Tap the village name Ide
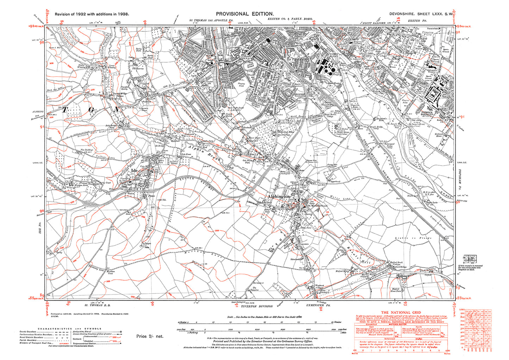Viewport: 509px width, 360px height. click(x=134, y=170)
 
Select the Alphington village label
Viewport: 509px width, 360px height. click(x=279, y=196)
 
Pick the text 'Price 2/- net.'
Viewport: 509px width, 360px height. click(x=150, y=336)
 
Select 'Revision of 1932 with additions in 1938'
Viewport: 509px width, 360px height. click(x=92, y=14)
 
